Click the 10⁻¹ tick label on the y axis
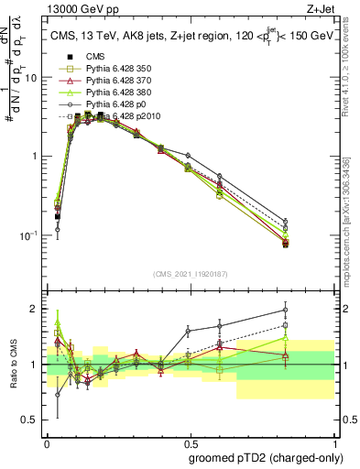coord(28,235)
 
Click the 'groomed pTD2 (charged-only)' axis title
coord(265,456)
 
